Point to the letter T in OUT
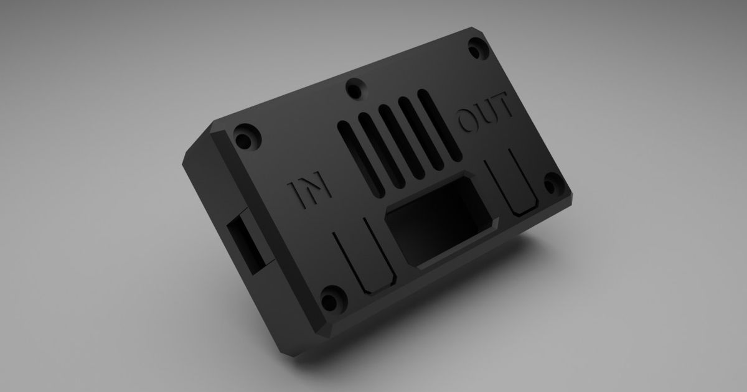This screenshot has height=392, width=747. coord(503,110)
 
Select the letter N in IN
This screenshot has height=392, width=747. coord(314,189)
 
